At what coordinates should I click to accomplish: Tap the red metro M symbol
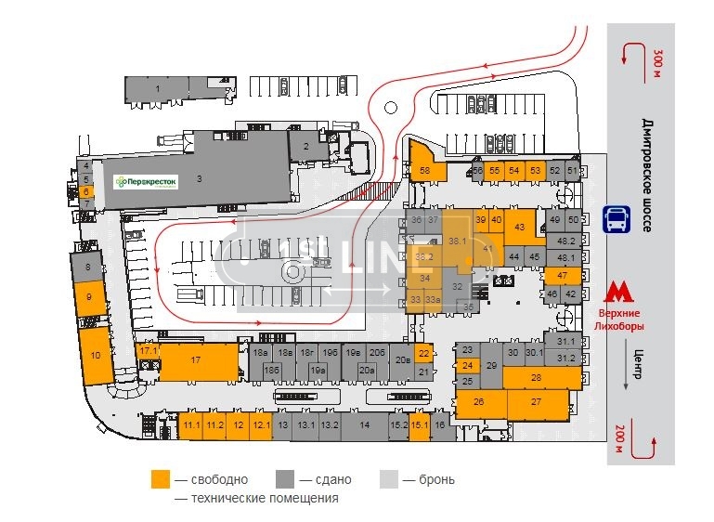pos(616,294)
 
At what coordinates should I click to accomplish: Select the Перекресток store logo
pos(145,182)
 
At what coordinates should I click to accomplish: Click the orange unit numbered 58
pos(424,170)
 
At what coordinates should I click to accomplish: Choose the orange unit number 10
pos(96,355)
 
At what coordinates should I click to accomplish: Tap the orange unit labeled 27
pos(537,402)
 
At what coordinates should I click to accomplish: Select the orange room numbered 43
pos(520,227)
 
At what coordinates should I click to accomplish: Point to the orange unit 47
pos(563,276)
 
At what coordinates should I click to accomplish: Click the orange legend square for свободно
pos(161,479)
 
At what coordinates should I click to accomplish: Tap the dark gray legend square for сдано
pos(285,479)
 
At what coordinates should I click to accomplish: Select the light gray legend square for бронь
pos(388,479)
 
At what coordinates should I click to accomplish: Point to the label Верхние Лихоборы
pos(618,320)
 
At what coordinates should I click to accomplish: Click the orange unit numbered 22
pos(423,353)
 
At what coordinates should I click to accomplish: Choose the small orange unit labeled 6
pos(86,191)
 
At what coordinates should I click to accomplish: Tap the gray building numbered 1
pos(158,89)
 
